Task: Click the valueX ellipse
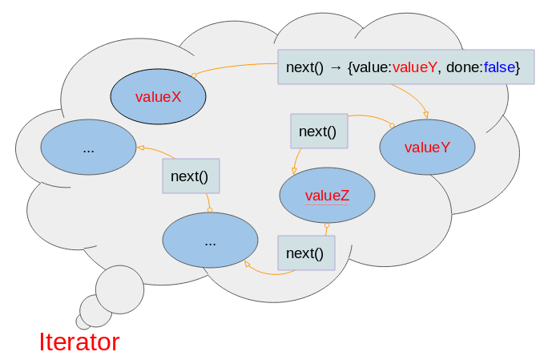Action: [x=158, y=97]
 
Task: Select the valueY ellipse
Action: [x=427, y=148]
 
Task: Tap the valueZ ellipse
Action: [x=327, y=196]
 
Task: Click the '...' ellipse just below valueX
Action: [x=88, y=148]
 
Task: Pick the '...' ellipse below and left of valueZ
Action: [x=210, y=241]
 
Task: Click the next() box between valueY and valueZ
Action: [x=318, y=131]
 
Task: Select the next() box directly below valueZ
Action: [x=305, y=253]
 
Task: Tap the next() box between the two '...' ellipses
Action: [x=190, y=176]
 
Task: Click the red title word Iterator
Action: [x=79, y=342]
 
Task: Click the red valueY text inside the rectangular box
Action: [x=415, y=68]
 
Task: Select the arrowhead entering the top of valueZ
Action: [x=295, y=170]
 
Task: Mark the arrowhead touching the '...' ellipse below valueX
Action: [x=141, y=148]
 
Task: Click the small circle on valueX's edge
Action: [x=193, y=75]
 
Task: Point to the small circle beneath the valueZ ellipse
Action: [x=327, y=226]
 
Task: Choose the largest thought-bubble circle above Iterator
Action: [x=119, y=289]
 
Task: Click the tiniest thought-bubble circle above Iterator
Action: [x=83, y=321]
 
